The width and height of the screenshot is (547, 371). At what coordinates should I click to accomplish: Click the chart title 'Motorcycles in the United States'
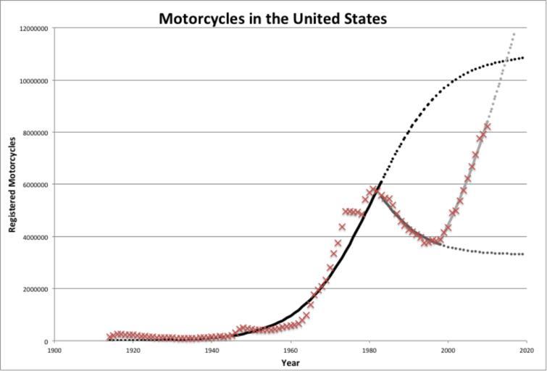point(273,17)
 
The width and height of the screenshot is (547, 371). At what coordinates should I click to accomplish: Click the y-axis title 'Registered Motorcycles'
point(12,185)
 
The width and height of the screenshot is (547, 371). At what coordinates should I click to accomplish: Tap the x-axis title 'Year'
point(290,362)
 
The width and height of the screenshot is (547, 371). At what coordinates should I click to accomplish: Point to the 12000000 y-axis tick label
point(31,28)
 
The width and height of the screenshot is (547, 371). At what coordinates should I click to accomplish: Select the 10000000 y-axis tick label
point(31,80)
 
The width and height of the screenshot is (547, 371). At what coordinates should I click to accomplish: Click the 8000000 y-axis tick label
point(33,133)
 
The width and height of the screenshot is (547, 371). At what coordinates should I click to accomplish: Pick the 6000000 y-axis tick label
point(33,185)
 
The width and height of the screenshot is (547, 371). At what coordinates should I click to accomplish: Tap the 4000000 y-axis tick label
point(33,237)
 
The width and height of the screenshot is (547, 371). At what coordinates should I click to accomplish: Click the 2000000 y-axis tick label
point(33,289)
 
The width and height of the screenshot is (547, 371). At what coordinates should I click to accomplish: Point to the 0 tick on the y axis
point(46,341)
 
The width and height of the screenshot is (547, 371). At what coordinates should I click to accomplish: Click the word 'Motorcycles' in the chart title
point(204,17)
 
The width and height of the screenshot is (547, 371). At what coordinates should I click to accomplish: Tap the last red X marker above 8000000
point(487,126)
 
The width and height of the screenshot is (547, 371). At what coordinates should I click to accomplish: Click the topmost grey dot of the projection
point(514,34)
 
